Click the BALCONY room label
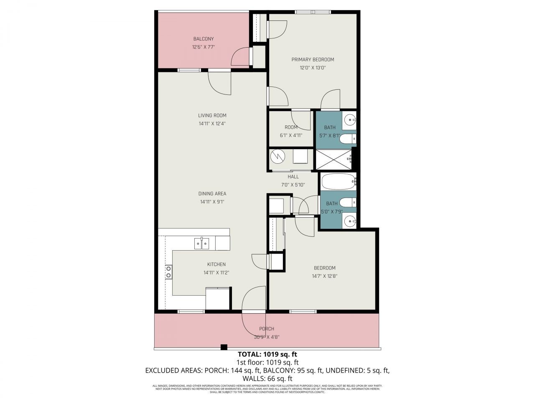click(x=204, y=39)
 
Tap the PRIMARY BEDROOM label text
click(x=313, y=59)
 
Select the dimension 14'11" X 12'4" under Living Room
click(x=212, y=124)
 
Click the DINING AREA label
click(x=212, y=193)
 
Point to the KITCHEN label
click(x=217, y=264)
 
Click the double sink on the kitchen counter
click(x=201, y=243)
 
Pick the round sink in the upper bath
click(x=349, y=121)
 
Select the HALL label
click(x=293, y=177)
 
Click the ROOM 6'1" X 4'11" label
click(x=291, y=127)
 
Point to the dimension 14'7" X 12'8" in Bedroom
click(x=324, y=276)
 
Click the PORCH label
click(x=267, y=329)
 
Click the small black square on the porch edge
click(x=224, y=347)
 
